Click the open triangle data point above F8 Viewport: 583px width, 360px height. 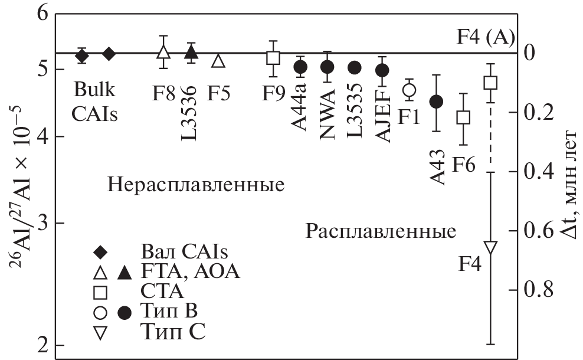coord(164,52)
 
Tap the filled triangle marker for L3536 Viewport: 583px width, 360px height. coord(191,52)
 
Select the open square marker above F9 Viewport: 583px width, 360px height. coord(273,58)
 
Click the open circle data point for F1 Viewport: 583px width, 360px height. coord(409,90)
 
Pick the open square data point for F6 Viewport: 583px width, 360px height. coord(464,117)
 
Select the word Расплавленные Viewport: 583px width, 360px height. coord(381,231)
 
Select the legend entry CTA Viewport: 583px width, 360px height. coord(162,292)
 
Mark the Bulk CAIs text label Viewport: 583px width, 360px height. coord(95,101)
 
